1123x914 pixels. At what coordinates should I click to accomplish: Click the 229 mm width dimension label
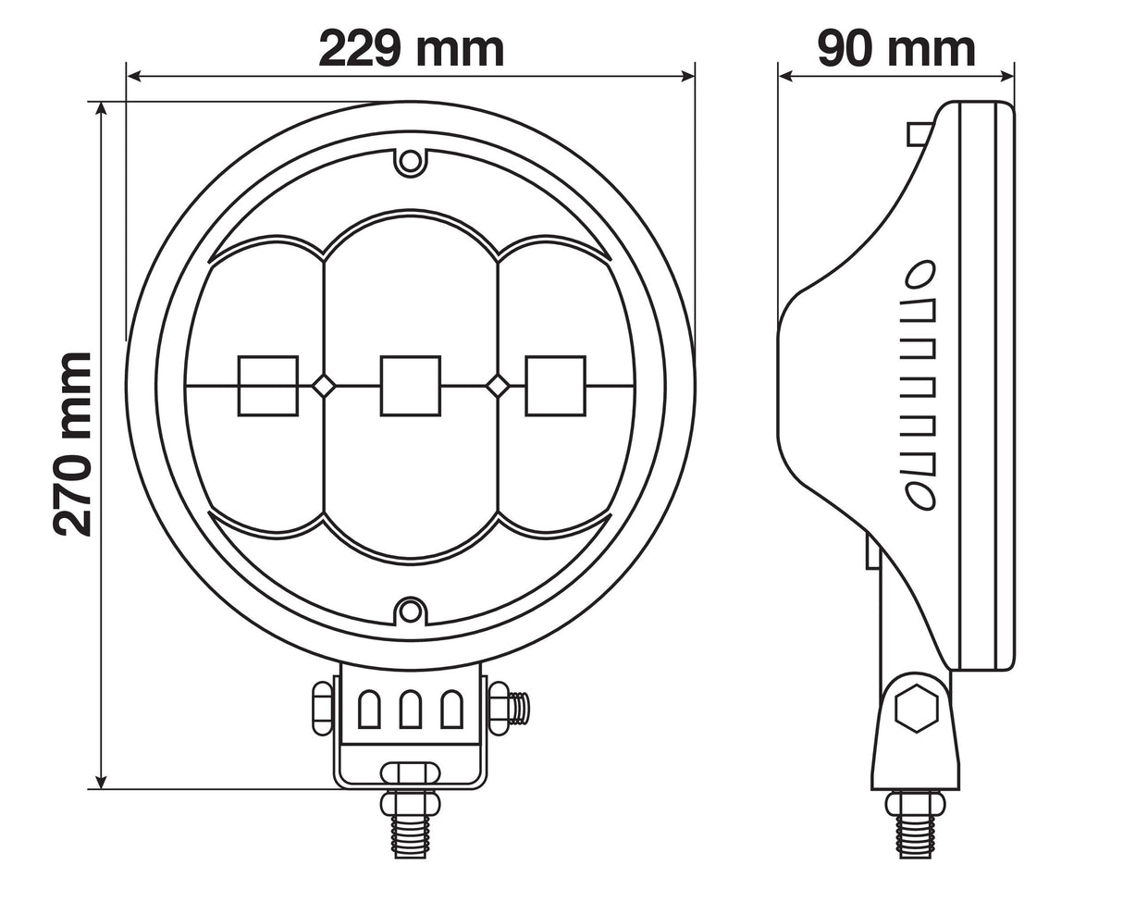[x=411, y=48]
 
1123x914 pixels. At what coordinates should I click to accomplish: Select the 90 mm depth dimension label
[x=895, y=48]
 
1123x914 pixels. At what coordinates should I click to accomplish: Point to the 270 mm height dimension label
[x=72, y=444]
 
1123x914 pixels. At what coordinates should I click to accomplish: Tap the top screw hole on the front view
[x=411, y=161]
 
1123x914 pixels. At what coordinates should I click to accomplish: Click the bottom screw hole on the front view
[x=411, y=611]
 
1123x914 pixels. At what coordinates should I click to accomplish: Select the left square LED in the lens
[x=268, y=386]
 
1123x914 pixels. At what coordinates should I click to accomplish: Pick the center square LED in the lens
[x=411, y=386]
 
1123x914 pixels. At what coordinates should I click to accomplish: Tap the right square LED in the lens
[x=556, y=386]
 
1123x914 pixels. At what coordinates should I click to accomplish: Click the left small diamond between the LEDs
[x=323, y=386]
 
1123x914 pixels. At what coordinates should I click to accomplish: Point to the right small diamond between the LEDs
[x=498, y=386]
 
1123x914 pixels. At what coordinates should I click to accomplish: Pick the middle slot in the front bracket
[x=411, y=710]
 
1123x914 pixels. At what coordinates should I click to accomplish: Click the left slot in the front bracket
[x=368, y=710]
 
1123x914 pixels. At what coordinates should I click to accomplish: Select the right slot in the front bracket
[x=452, y=710]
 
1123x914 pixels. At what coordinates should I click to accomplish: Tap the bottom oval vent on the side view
[x=919, y=496]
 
